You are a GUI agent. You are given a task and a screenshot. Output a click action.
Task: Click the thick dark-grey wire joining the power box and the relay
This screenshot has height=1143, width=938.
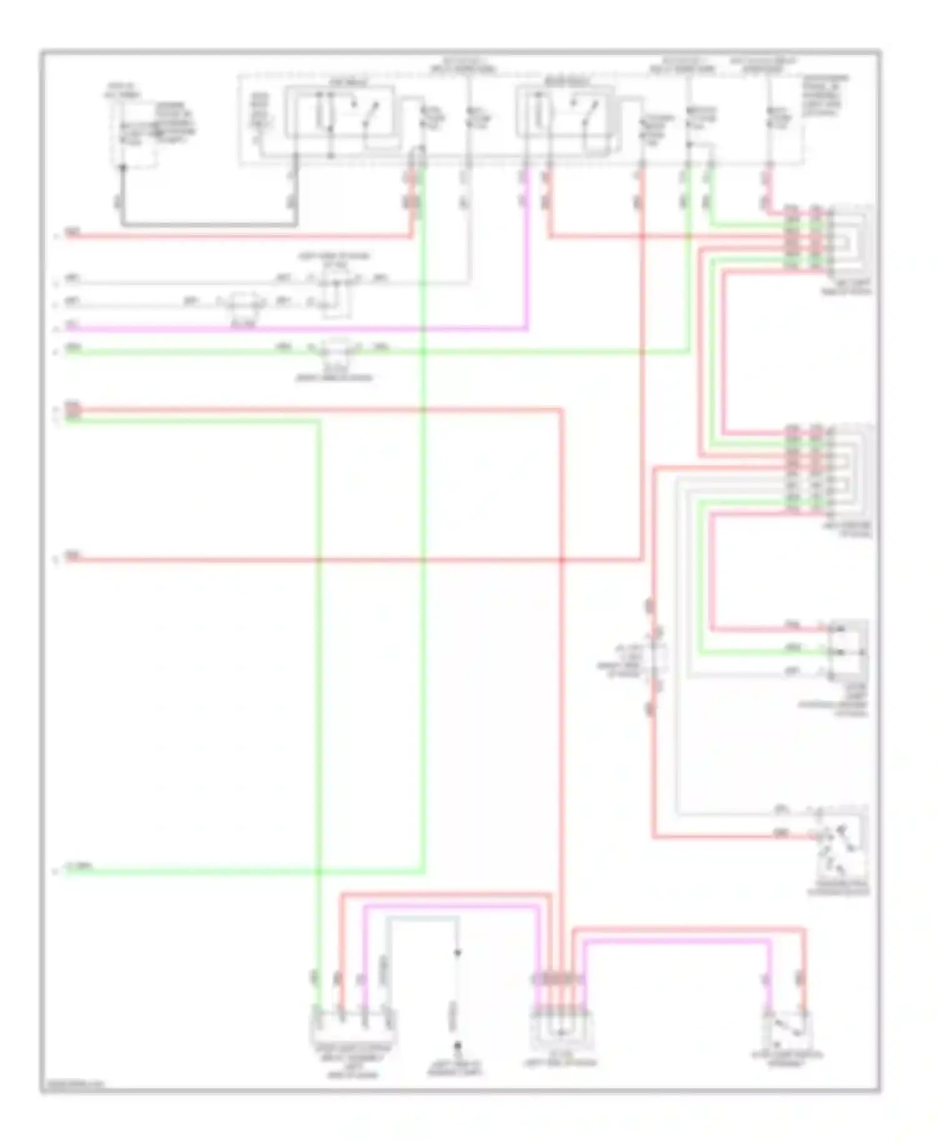click(x=206, y=224)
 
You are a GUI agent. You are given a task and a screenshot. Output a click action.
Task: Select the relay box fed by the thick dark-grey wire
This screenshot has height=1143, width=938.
click(x=340, y=113)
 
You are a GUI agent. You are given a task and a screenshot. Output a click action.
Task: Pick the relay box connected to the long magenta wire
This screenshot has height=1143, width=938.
click(x=564, y=113)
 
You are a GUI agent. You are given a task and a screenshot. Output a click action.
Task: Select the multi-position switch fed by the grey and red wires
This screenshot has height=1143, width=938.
click(x=841, y=847)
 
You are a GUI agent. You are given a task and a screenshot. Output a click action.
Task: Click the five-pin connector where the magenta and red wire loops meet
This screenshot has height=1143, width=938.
click(x=561, y=1025)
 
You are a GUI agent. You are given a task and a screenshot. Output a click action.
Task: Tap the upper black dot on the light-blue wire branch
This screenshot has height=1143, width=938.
click(x=457, y=953)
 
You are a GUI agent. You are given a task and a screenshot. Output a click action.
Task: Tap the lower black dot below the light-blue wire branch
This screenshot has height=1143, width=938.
click(x=457, y=1045)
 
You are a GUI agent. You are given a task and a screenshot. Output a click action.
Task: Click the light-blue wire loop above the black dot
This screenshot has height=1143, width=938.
click(x=422, y=918)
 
